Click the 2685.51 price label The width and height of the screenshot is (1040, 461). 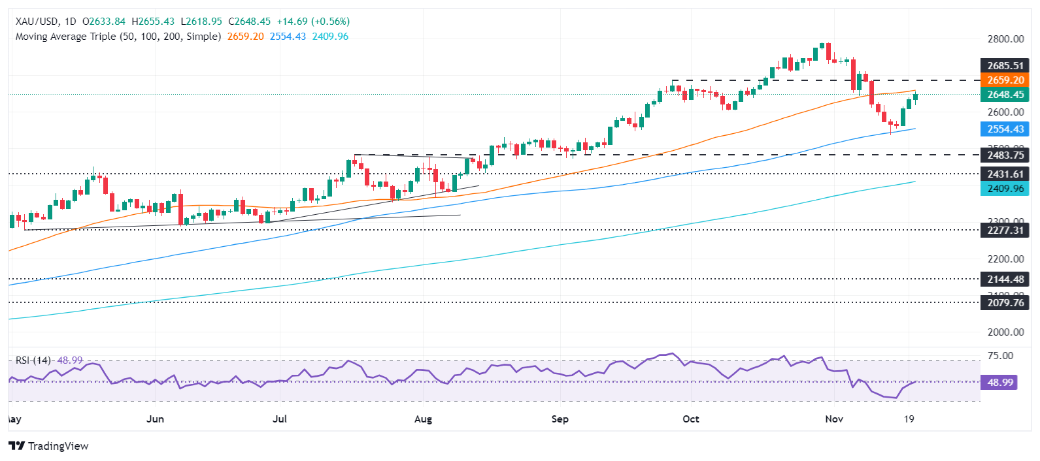coord(1005,65)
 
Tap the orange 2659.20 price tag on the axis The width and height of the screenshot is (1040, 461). coord(1005,80)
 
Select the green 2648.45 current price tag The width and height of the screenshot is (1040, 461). coord(1005,95)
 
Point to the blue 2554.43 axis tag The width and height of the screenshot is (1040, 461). coord(1005,129)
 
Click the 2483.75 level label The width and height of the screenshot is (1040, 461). coord(1005,155)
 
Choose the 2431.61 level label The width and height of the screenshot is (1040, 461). coord(1005,174)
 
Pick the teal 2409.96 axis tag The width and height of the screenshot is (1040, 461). coord(1005,189)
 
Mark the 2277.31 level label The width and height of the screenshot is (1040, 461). coord(1005,230)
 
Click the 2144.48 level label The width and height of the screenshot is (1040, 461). coord(1005,279)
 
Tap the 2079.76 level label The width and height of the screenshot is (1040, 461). coord(1005,303)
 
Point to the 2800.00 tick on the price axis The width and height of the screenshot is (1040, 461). coord(1005,39)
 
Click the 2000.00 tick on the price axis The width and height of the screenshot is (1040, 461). coord(1005,332)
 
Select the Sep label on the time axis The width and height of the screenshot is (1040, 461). coord(560,419)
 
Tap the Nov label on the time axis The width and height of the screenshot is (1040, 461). coord(834,419)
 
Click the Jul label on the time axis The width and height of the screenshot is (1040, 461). coord(280,419)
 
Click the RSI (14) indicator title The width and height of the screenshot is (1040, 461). coord(33,360)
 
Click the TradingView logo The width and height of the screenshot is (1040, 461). coord(49,446)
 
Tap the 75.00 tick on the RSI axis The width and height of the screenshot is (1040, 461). coord(1000,356)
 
